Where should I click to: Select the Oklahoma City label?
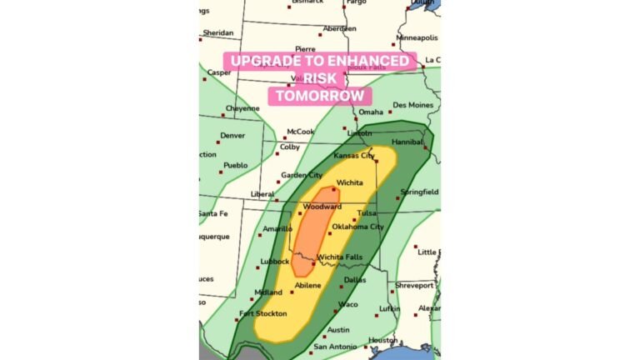(357, 227)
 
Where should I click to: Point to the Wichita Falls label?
(340, 257)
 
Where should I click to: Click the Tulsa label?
(367, 213)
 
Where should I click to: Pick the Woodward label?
(321, 207)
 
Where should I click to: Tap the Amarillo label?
(277, 228)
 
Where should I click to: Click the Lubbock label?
(274, 262)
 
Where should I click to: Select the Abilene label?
(307, 285)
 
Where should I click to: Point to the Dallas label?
(354, 280)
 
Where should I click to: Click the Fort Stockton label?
(262, 314)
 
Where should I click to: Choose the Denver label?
(232, 136)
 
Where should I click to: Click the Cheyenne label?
(242, 108)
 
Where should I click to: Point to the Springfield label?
(419, 192)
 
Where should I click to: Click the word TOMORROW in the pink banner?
(320, 95)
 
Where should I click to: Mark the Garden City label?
(301, 175)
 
